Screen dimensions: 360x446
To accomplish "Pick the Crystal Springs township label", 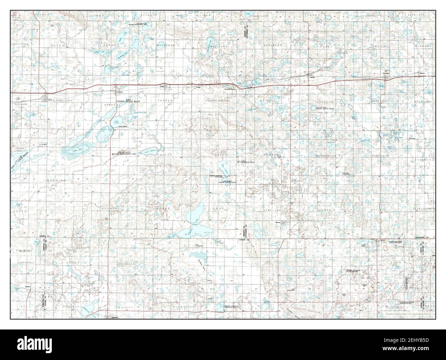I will pos(218,101).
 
